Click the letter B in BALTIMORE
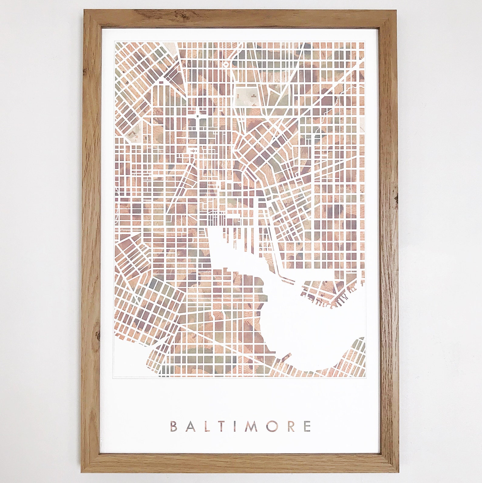(x=174, y=426)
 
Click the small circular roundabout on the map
(x=226, y=64)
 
